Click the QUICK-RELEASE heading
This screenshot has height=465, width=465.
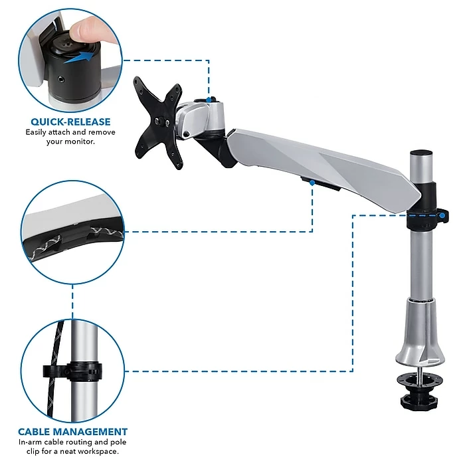click(x=70, y=122)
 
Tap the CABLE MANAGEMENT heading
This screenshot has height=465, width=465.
click(x=72, y=432)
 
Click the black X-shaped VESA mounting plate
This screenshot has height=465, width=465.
click(x=158, y=122)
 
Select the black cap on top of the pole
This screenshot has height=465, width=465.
click(x=421, y=154)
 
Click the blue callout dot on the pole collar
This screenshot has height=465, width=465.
click(x=442, y=216)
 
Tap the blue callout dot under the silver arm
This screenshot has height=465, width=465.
click(x=312, y=183)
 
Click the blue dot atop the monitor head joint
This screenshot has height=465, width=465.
click(x=209, y=100)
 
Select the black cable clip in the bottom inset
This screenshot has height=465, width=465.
click(x=72, y=371)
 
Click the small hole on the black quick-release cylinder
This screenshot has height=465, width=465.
click(x=61, y=79)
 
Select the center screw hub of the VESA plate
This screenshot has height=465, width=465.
click(x=162, y=122)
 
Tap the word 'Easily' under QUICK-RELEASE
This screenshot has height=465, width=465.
click(x=36, y=133)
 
